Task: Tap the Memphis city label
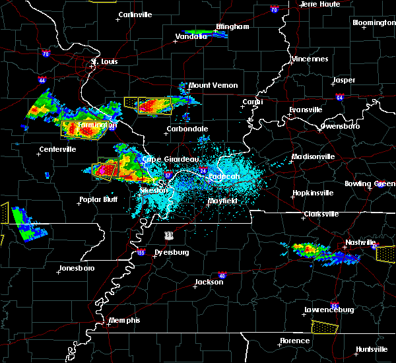point(125,320)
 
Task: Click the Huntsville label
point(372,348)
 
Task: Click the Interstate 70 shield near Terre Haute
point(274,10)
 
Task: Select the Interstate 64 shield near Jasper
point(339,97)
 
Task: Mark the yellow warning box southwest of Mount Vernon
point(148,105)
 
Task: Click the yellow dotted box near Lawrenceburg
point(324,327)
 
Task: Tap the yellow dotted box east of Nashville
point(385,252)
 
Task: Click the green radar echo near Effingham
point(205,34)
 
